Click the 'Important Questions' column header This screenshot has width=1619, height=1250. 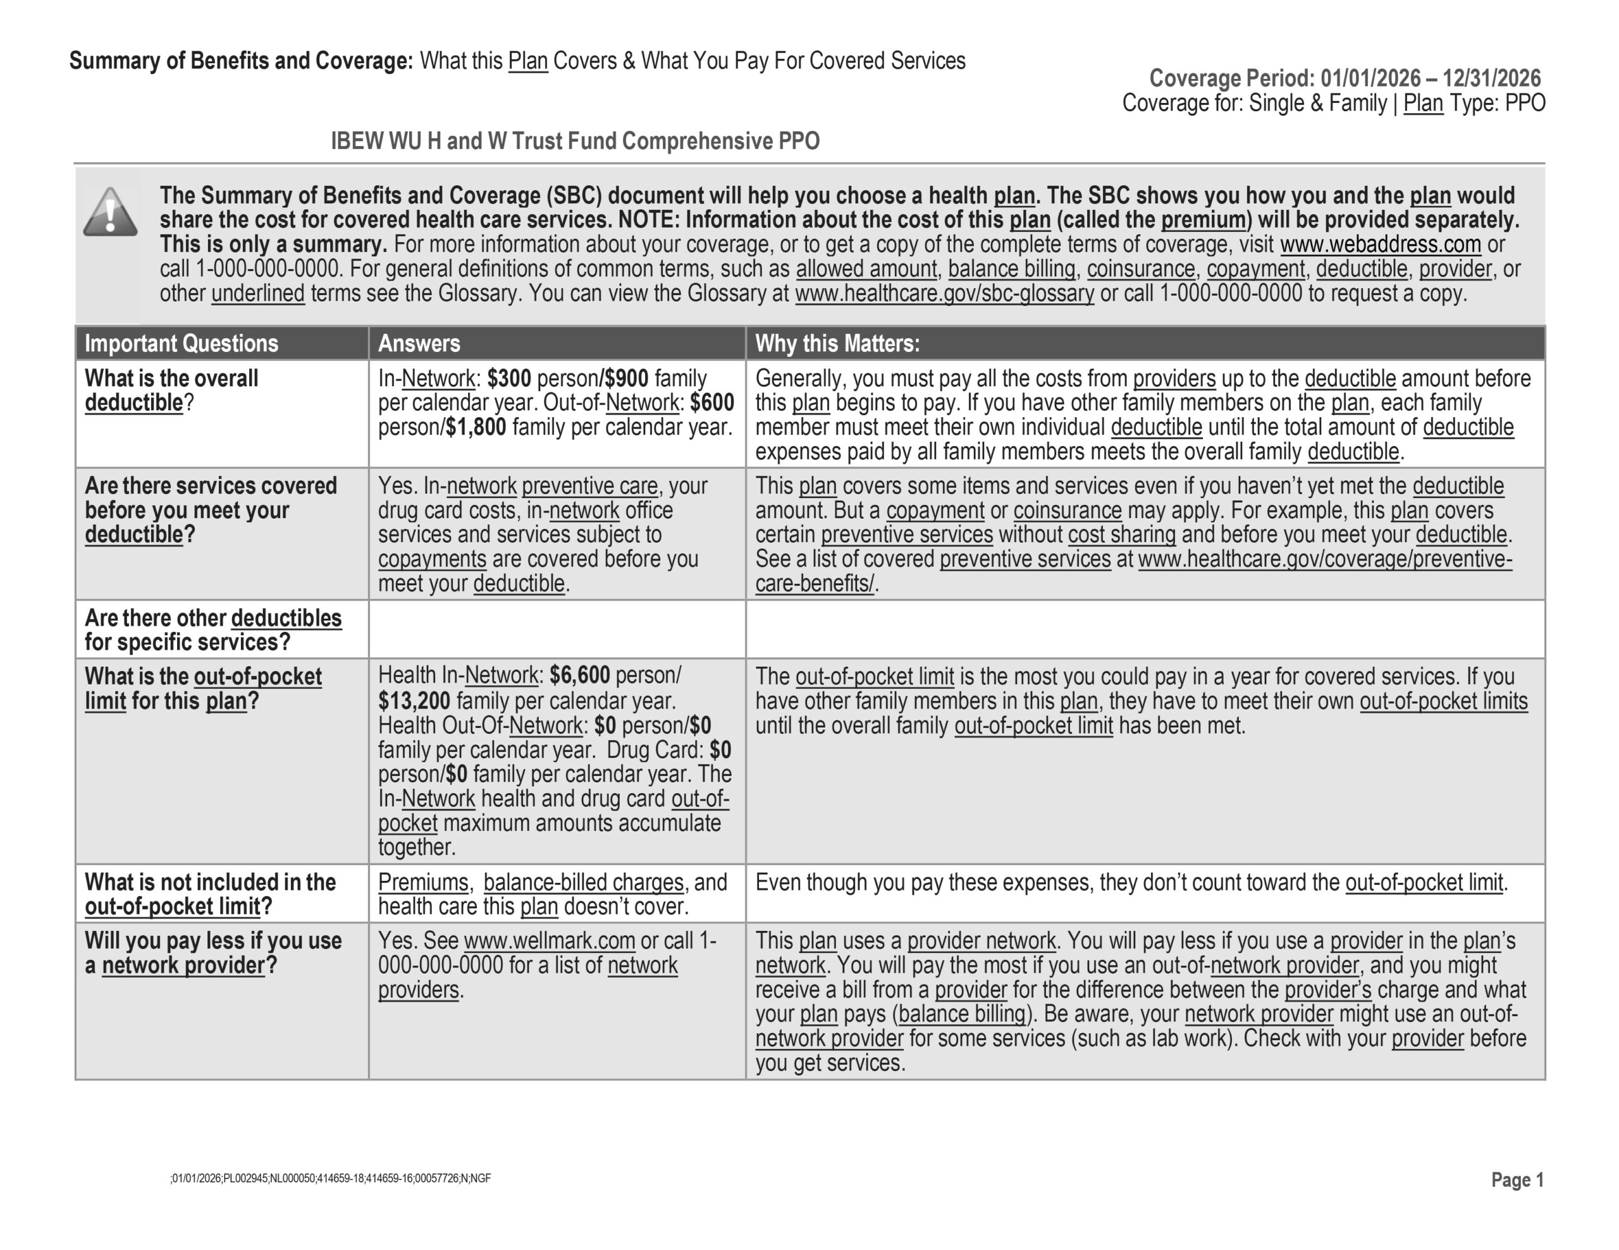(182, 344)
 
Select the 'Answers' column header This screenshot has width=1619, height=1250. (419, 344)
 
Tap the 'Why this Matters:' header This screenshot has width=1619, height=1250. (837, 344)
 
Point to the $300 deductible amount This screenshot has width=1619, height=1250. (508, 379)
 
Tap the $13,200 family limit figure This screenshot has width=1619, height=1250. (414, 701)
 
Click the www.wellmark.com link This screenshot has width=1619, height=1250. (550, 941)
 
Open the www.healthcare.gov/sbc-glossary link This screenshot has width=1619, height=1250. (944, 293)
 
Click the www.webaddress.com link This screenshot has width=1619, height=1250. (1381, 245)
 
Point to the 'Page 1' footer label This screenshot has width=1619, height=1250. (1517, 1180)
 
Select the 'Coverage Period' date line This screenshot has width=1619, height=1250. (1345, 78)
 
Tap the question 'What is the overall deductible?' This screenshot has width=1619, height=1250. (171, 391)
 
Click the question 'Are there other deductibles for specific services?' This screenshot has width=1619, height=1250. (212, 630)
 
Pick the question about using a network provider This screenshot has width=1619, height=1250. (212, 953)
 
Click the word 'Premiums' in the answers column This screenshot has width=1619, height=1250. (422, 882)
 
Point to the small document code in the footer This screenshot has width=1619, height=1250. (331, 1178)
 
